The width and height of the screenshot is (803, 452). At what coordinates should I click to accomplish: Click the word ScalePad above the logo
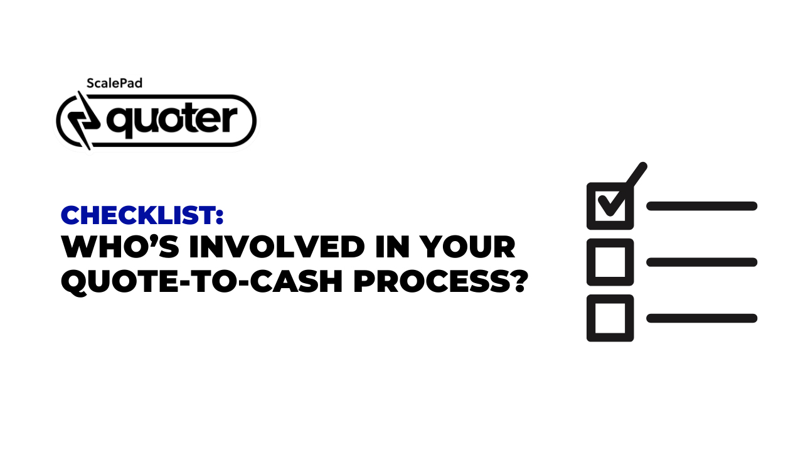pos(114,83)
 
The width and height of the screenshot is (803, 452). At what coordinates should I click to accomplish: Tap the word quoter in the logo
pos(172,120)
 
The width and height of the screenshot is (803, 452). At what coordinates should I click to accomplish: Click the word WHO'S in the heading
pos(120,247)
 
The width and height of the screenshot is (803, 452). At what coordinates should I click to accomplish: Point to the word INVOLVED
pos(277,247)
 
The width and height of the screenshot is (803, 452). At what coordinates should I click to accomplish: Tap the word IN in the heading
pos(392,247)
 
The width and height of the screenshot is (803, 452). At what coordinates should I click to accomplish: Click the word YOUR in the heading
pos(468,247)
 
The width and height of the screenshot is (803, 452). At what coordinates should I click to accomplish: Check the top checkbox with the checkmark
pos(610,206)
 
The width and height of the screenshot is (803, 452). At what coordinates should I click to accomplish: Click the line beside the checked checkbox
pos(701,206)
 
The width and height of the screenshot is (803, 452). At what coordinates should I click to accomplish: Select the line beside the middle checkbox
pos(701,262)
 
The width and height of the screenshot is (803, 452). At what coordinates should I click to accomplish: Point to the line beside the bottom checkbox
pos(701,318)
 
